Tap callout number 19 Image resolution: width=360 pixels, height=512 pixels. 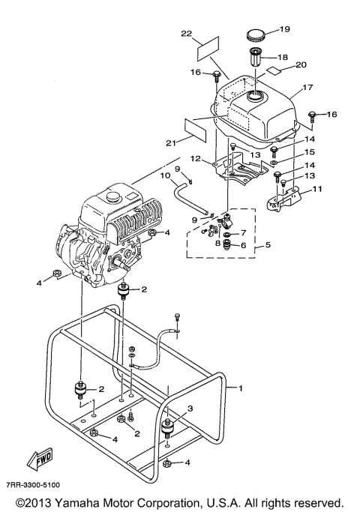(284, 29)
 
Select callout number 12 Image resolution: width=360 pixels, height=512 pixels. (194, 158)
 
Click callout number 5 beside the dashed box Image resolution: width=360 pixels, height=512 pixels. (259, 245)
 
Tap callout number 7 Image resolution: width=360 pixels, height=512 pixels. (242, 234)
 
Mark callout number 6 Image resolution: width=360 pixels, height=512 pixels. (242, 245)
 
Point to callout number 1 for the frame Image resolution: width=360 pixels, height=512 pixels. (240, 388)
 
